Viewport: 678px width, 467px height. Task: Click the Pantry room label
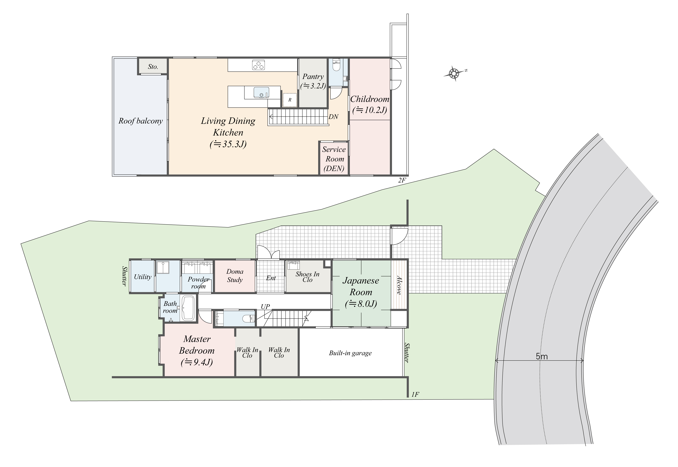click(x=313, y=77)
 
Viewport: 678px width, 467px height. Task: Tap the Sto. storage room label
click(x=153, y=67)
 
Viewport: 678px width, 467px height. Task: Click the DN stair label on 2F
click(x=333, y=117)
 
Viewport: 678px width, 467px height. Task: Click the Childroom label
click(x=370, y=99)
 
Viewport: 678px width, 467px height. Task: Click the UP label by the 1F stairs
click(x=265, y=307)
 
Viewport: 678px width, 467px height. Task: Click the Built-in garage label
click(x=350, y=353)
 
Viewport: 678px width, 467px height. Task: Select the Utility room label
click(x=143, y=277)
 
